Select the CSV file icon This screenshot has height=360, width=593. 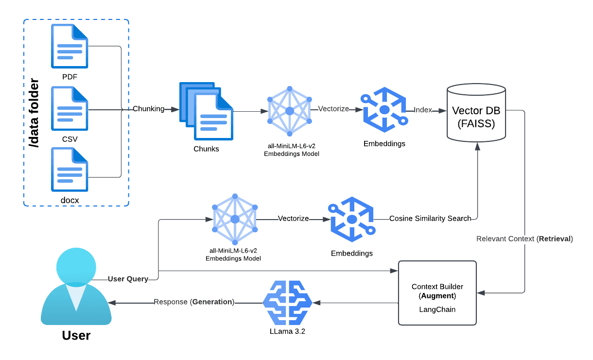coord(70,108)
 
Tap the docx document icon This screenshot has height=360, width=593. coord(70,170)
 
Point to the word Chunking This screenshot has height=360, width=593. coord(149,109)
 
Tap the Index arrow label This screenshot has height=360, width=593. coord(423,110)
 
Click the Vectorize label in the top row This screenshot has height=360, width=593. coord(333,109)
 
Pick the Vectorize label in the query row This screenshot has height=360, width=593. coord(293,219)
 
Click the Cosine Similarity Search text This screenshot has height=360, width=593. coord(430,219)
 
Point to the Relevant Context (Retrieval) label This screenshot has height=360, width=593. coord(524,239)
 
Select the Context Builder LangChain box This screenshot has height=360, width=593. coord(437,293)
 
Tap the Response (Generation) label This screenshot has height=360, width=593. coord(194,302)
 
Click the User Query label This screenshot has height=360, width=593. coord(127,279)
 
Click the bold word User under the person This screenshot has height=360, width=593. coord(76,335)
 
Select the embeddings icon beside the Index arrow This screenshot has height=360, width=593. coord(384,110)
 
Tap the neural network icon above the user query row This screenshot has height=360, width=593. coord(235,219)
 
